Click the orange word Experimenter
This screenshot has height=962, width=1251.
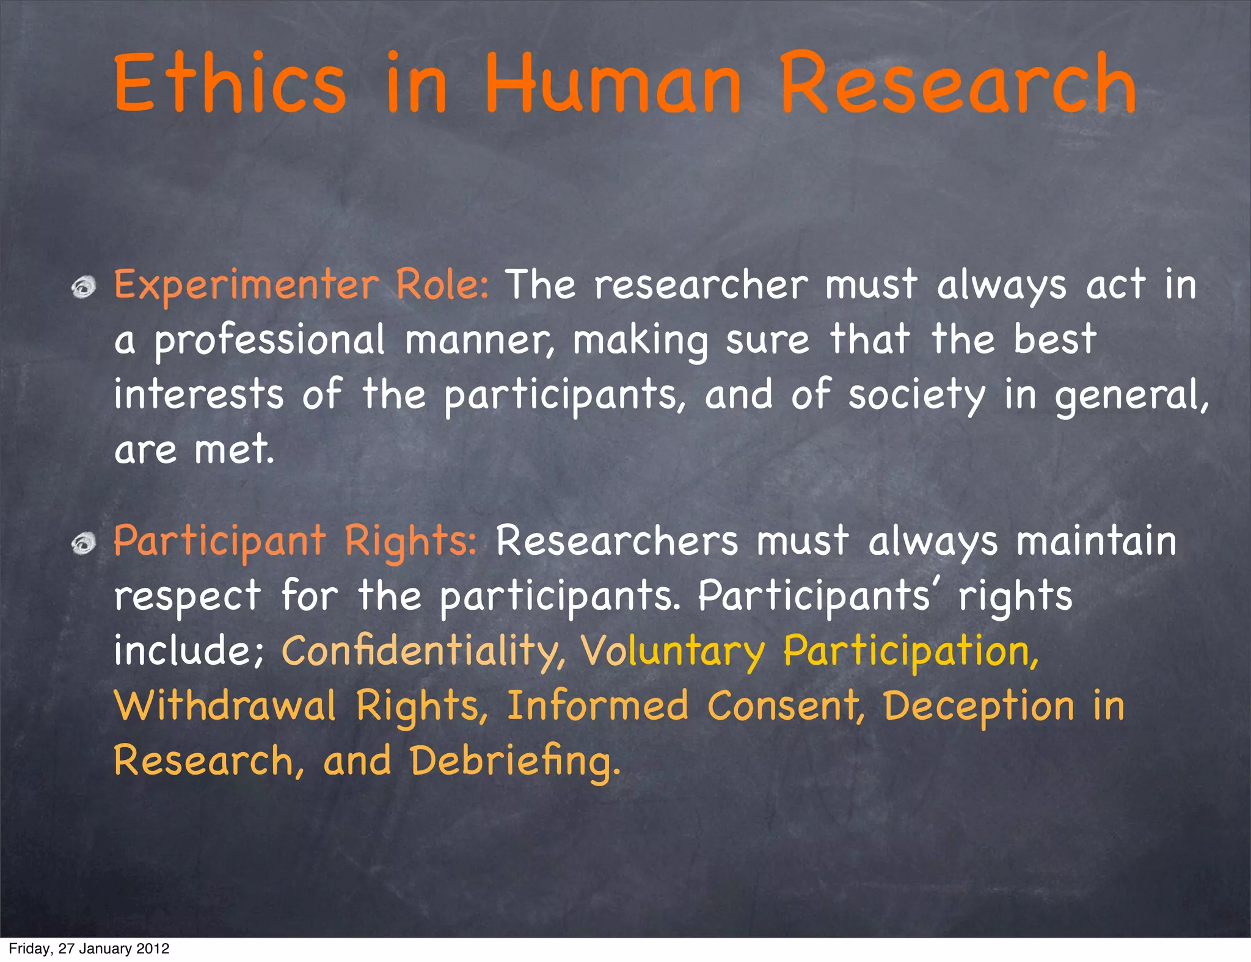(246, 286)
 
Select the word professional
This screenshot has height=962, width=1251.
(269, 341)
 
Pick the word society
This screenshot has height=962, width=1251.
(916, 396)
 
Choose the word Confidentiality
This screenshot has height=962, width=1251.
(423, 651)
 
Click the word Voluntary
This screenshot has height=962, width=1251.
(672, 651)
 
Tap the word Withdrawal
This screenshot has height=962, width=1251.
(225, 705)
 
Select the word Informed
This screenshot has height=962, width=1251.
(597, 705)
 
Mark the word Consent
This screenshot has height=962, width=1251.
(786, 705)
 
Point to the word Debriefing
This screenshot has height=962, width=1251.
(515, 762)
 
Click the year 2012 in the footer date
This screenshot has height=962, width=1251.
(153, 949)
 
